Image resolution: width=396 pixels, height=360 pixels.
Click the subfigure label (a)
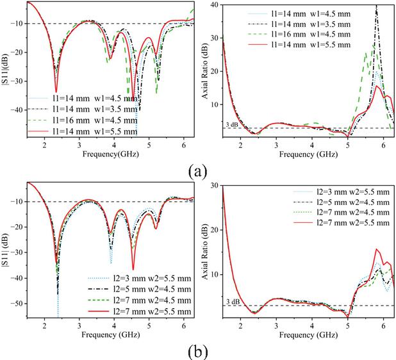pos(197,172)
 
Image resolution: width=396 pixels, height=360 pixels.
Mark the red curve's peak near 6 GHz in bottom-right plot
pos(377,249)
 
